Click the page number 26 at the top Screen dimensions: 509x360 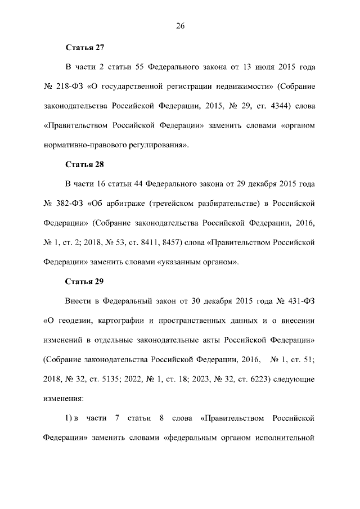click(180, 26)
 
